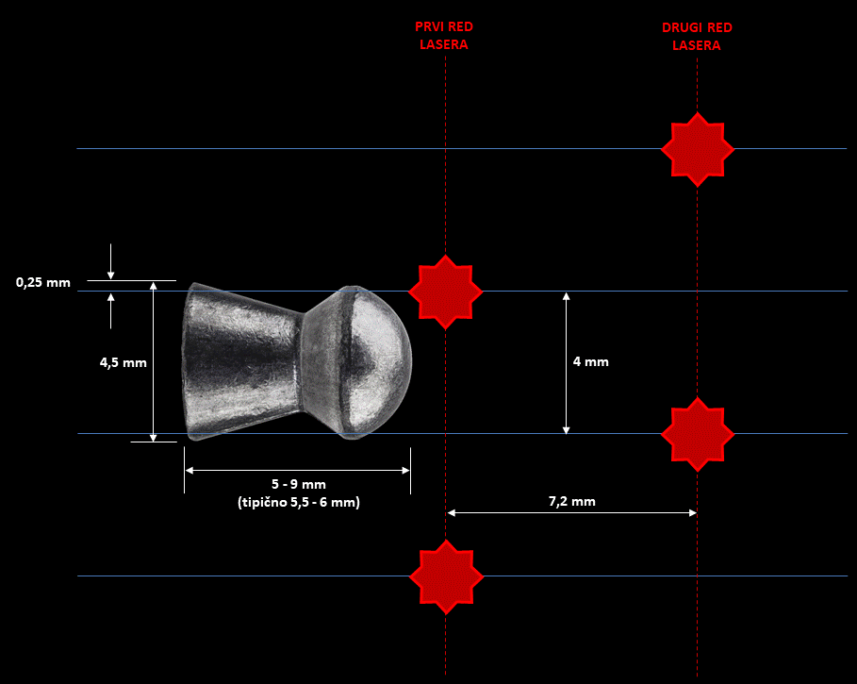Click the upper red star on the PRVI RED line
coord(445,292)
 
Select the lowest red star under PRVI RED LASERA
coord(446,576)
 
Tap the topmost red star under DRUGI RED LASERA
coord(698,149)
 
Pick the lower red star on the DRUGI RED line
coord(698,434)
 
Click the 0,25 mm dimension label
coord(43,283)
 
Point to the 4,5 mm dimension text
coord(123,362)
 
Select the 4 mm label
coord(591,362)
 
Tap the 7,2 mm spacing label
coord(571,501)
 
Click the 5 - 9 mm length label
coord(299,484)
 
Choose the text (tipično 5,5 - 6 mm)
coord(299,503)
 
